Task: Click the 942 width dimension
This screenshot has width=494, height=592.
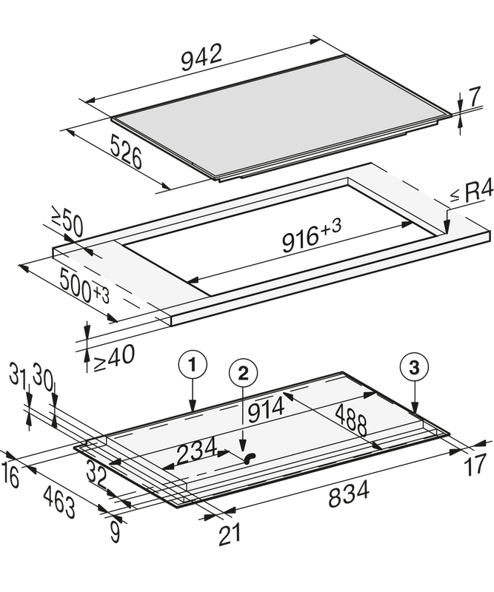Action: [x=201, y=57]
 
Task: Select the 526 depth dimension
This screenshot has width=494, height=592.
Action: [x=126, y=152]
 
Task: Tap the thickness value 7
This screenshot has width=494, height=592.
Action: [x=474, y=97]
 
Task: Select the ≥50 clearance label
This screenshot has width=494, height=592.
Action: [x=67, y=224]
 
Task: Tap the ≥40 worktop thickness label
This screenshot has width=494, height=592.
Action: [x=114, y=357]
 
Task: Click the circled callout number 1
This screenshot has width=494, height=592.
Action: [x=193, y=366]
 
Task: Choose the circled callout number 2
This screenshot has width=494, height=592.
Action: [x=243, y=374]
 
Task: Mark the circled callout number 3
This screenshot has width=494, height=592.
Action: [x=415, y=367]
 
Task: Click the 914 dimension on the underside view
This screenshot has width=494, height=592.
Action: [x=265, y=410]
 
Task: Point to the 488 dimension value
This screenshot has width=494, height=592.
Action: [x=351, y=420]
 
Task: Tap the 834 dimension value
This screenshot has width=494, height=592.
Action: [x=349, y=495]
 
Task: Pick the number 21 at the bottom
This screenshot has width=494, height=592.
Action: [x=229, y=534]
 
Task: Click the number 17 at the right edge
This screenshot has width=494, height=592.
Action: [x=475, y=465]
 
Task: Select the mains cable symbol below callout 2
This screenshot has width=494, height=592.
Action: [x=250, y=458]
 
